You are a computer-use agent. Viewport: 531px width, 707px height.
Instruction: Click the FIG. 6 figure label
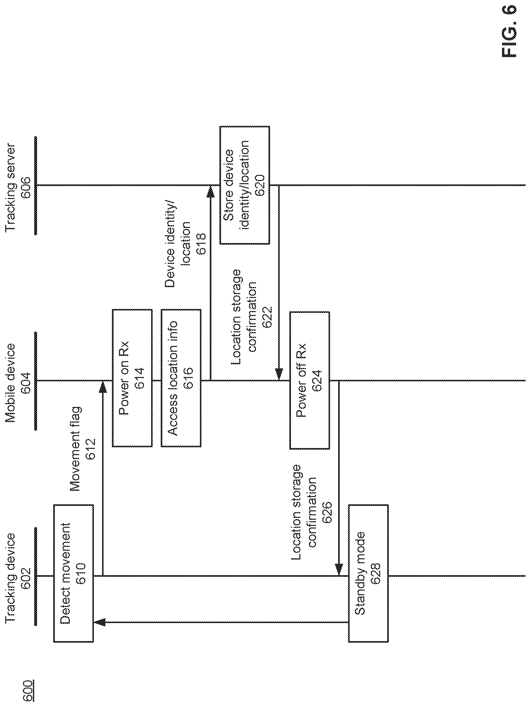click(509, 31)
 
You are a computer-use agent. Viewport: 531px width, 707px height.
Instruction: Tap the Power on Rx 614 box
click(132, 378)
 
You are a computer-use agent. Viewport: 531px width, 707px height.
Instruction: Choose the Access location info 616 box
click(181, 378)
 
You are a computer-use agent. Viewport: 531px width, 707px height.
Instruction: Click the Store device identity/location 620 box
click(244, 185)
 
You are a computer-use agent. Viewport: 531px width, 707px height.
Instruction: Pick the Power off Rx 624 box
click(309, 380)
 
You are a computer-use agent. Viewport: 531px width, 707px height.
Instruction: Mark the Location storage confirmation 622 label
click(252, 317)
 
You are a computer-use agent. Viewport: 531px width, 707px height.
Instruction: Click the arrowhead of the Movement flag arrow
click(103, 387)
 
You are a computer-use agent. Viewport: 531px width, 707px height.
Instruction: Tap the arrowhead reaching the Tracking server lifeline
click(210, 191)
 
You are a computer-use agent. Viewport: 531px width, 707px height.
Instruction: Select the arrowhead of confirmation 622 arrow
click(279, 374)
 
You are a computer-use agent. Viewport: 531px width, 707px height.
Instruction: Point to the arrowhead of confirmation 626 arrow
click(339, 570)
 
